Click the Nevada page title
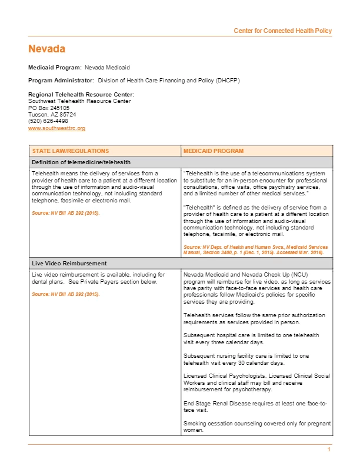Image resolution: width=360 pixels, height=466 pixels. coord(46,49)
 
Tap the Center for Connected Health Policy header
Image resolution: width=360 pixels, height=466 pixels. coord(282,31)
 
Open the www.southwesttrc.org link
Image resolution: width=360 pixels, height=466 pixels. coord(56,128)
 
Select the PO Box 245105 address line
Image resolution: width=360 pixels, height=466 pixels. coord(49,108)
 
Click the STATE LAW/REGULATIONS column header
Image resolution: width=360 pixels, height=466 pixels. coord(70,151)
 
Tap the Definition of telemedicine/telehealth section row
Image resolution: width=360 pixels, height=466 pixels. coord(81,162)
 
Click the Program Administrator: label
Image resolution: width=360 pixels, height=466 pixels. coord(61,80)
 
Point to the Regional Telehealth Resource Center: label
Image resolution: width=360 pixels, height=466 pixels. coord(81,95)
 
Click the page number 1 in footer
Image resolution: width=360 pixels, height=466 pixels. coord(329,450)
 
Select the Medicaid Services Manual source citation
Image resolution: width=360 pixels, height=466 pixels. coord(256,249)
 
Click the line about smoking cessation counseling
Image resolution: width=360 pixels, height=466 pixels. coord(257,427)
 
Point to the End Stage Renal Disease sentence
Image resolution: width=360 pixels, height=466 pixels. coord(256,406)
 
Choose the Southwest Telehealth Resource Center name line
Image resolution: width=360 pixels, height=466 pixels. coord(79,101)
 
